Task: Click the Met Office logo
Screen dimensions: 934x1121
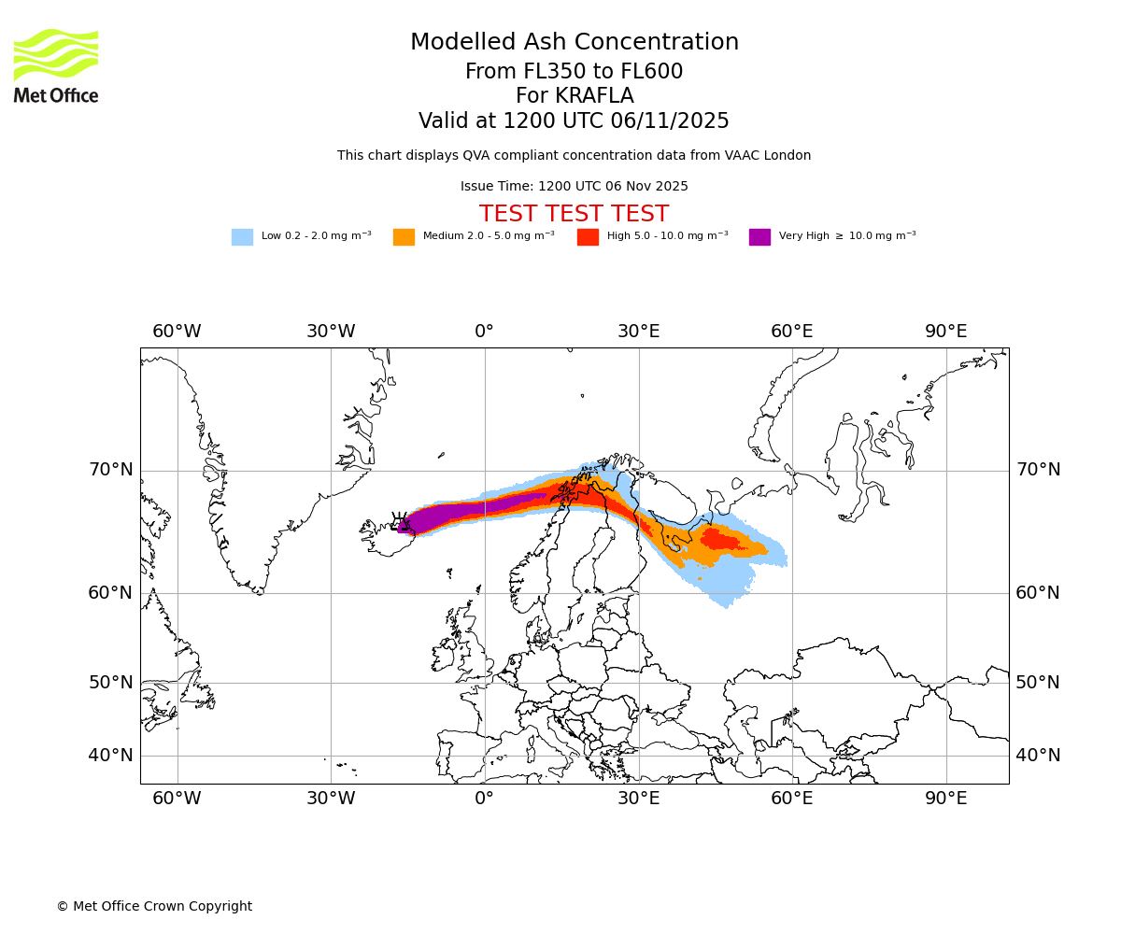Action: click(x=56, y=65)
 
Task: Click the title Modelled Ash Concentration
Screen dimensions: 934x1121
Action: click(x=575, y=43)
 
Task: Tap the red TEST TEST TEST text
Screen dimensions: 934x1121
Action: click(x=575, y=214)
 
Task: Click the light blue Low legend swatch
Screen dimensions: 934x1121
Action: click(x=242, y=237)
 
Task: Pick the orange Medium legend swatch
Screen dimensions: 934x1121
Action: click(x=404, y=237)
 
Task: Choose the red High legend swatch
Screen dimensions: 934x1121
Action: click(x=588, y=237)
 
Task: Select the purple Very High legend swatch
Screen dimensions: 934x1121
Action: click(x=759, y=237)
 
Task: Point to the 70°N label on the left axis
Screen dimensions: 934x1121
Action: click(x=111, y=470)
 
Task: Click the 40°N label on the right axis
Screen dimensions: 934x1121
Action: click(x=1038, y=756)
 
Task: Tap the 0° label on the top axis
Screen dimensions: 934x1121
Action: click(x=484, y=332)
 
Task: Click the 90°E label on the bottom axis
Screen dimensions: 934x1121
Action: click(x=945, y=799)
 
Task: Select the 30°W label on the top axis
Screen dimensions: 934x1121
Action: click(x=331, y=332)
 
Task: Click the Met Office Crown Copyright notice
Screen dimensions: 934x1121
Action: click(x=154, y=906)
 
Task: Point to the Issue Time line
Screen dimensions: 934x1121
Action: click(x=575, y=187)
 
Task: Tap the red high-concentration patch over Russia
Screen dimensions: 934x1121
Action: click(x=718, y=540)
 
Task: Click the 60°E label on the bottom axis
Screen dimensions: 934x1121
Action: click(x=791, y=799)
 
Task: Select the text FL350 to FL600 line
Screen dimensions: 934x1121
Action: click(x=575, y=72)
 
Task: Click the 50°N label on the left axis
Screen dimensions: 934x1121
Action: click(x=111, y=683)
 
